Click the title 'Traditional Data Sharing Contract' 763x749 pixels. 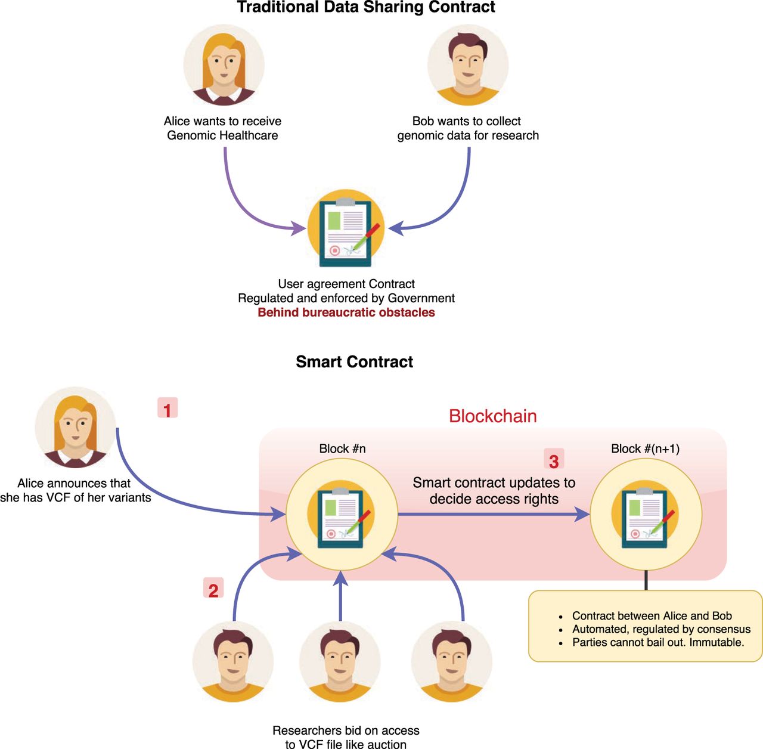[366, 8]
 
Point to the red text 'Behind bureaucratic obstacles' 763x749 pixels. [346, 312]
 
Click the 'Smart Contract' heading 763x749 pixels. [354, 362]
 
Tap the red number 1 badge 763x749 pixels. [168, 409]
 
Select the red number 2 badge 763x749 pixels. [213, 589]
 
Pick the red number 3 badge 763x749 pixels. [554, 460]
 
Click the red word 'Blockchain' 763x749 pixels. [492, 416]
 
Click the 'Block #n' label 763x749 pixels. [342, 448]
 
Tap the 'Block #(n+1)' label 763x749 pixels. [645, 448]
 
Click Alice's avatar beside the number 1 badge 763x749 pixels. [76, 427]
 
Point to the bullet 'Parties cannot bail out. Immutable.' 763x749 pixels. [658, 642]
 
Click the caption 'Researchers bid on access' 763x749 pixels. [346, 731]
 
